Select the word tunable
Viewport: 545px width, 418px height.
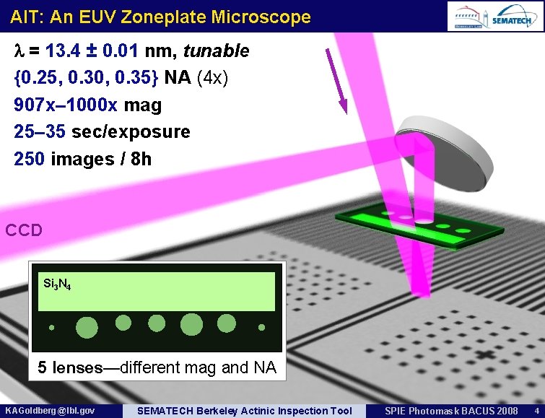point(216,51)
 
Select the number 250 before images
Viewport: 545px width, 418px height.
point(30,159)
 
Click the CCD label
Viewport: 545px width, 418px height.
point(24,231)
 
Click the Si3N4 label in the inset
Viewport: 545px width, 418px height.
point(56,283)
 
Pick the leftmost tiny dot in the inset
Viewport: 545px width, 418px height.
point(52,328)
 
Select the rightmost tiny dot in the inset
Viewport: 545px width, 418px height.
point(262,327)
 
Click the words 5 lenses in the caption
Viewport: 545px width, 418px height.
point(70,367)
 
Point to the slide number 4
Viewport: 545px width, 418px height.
point(536,411)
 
